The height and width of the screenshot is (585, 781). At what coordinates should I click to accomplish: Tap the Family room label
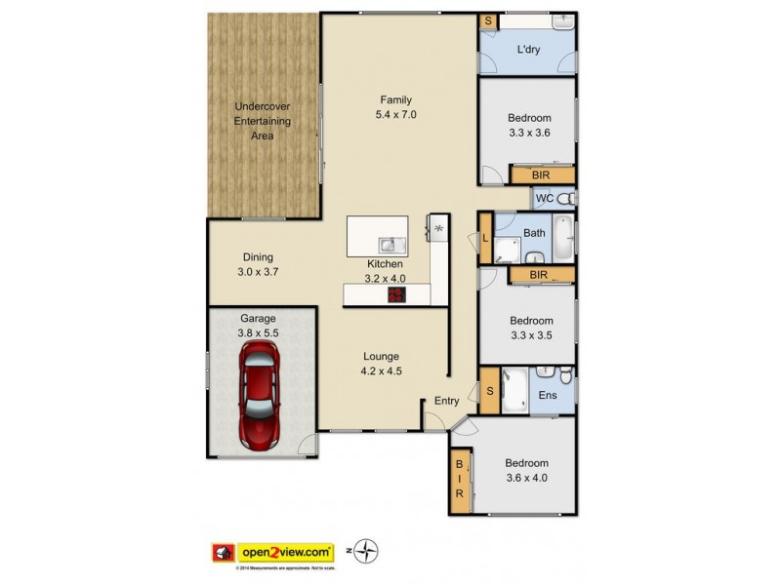coord(396,106)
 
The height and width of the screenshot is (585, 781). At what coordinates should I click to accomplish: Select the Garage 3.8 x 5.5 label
coord(258,326)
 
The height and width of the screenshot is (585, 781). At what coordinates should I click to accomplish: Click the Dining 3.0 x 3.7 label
coord(259,265)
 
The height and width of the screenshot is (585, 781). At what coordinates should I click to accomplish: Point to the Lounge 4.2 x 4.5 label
coord(380,363)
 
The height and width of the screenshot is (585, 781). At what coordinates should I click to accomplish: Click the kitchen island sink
coord(390,244)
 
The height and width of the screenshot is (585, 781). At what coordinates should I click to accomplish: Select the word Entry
coord(446,401)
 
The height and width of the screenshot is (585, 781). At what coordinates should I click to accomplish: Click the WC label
coord(545,199)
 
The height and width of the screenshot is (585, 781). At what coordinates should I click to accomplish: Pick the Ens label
coord(548,396)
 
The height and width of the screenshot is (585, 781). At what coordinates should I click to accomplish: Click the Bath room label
coord(534,233)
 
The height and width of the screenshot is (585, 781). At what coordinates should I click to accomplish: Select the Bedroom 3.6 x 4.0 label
coord(526,470)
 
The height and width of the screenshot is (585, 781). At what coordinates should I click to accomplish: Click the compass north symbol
coord(367,553)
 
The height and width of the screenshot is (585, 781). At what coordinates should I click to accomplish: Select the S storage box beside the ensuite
coord(489,392)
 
